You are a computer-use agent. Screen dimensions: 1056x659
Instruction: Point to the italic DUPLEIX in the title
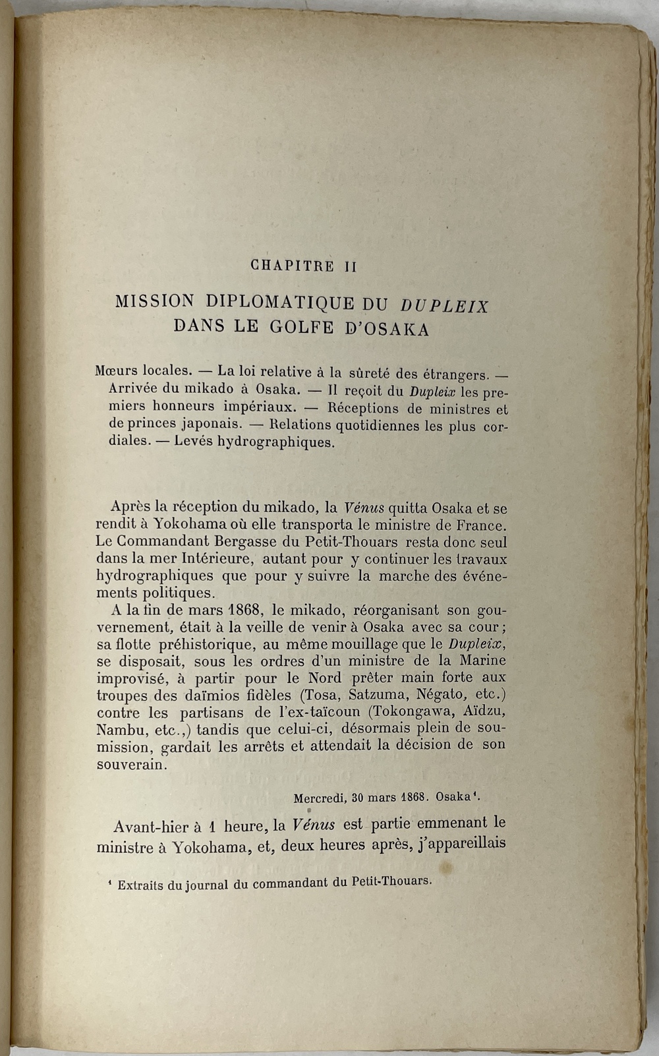pos(444,306)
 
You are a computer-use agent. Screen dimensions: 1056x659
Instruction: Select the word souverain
pos(132,765)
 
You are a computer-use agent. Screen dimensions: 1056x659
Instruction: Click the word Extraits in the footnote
pos(140,885)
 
